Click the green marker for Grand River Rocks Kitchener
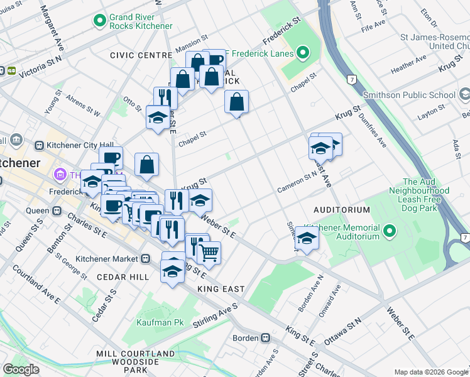[x=99, y=21]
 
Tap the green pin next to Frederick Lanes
[x=303, y=52]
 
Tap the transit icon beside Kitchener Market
[x=146, y=258]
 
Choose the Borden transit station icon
[x=266, y=337]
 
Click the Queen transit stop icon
[x=57, y=211]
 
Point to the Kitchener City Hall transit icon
[x=39, y=145]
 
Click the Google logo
[x=21, y=369]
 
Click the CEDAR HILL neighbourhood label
[x=123, y=277]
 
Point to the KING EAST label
[x=221, y=288]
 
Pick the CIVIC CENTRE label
[x=141, y=55]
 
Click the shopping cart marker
[x=209, y=253]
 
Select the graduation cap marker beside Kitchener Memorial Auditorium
[x=306, y=239]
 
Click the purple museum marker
[x=61, y=174]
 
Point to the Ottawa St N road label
[x=343, y=331]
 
